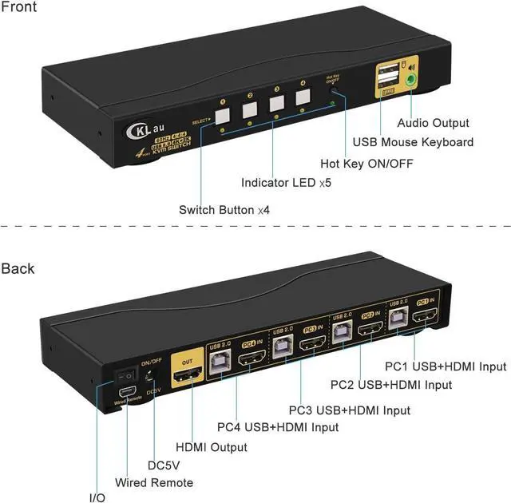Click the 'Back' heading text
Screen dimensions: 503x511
(18, 268)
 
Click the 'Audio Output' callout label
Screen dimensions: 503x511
(434, 123)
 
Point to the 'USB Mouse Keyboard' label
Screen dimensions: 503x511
(414, 142)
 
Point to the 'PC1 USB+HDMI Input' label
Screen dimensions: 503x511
(446, 366)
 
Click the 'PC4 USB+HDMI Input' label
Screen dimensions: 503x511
(278, 427)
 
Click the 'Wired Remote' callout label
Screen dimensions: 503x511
(154, 482)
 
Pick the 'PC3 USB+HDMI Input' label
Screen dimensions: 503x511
(350, 410)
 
